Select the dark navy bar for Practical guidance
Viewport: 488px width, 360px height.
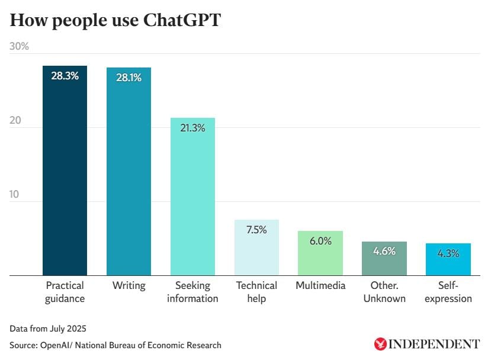tap(65, 178)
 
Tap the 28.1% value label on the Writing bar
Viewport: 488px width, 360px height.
tap(129, 77)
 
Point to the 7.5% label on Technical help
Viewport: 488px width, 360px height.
tap(256, 230)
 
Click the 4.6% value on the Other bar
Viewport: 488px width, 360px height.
tap(384, 251)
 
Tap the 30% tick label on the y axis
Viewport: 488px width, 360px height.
tap(20, 46)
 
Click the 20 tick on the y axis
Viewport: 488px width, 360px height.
tap(15, 120)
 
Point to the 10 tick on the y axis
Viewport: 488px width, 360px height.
tap(15, 194)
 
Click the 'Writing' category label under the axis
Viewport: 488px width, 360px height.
tap(129, 285)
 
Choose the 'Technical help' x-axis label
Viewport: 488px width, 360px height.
tap(256, 292)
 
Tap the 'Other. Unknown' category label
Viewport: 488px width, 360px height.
tap(384, 292)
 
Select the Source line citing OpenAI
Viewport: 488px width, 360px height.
tap(115, 345)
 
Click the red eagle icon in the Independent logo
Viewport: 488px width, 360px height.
tap(380, 344)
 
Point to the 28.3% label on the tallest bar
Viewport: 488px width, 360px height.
tap(65, 75)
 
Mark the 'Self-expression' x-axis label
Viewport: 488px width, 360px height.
tap(448, 292)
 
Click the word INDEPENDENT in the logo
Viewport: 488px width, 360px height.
tap(434, 344)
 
